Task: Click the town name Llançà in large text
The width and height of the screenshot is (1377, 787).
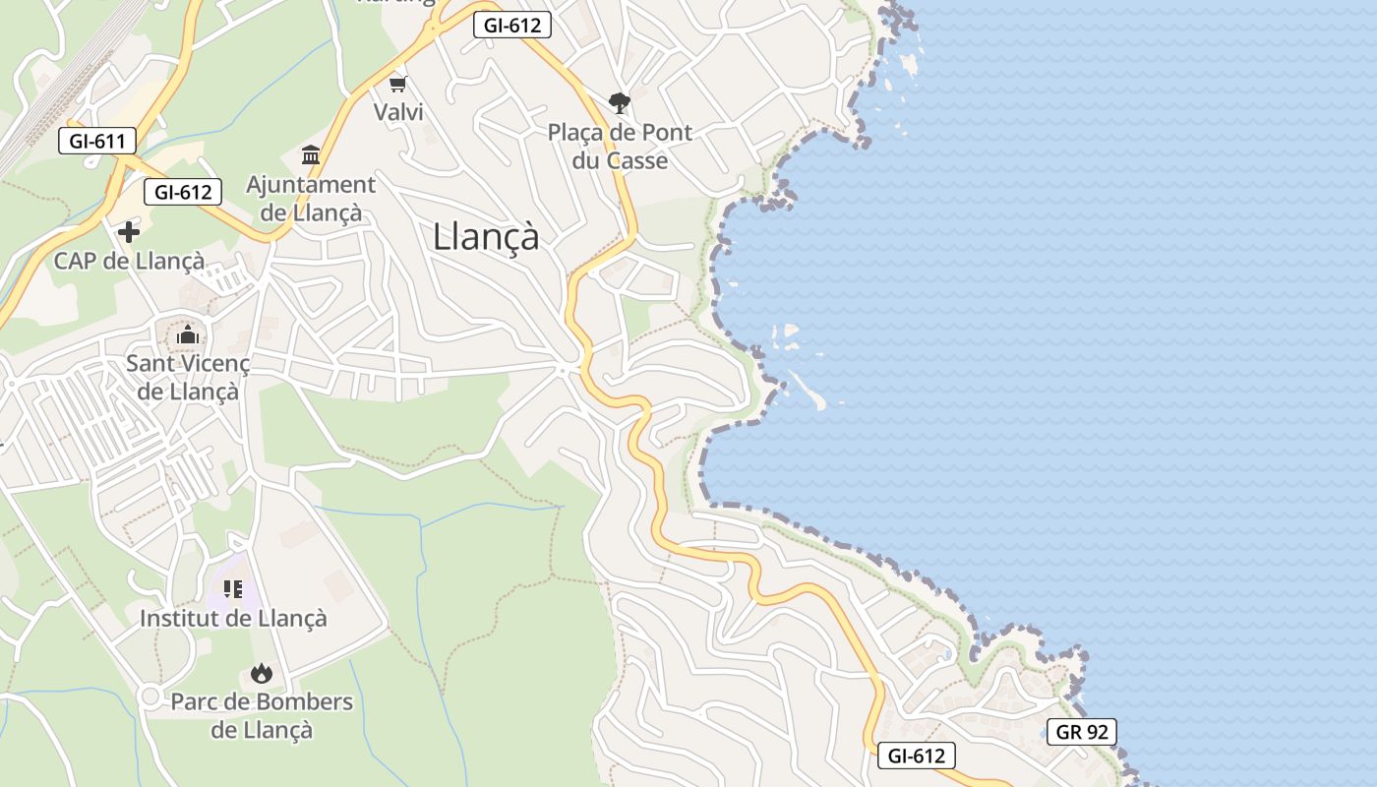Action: coord(486,237)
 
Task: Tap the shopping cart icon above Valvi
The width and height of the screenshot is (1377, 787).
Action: coord(398,84)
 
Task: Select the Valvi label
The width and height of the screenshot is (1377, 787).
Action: coord(398,112)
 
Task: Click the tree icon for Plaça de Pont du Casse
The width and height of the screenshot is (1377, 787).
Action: coord(620,102)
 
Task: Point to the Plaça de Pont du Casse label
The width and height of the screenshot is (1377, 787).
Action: coord(620,146)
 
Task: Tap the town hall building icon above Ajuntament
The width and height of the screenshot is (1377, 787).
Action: coord(311,155)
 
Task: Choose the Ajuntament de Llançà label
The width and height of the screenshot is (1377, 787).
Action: coord(310,198)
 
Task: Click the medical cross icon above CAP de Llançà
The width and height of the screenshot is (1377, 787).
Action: coord(129,232)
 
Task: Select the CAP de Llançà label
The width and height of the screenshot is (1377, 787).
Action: coord(129,261)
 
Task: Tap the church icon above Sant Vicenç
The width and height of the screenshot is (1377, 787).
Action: coord(188,335)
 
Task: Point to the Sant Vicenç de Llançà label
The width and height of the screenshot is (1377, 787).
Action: coord(188,377)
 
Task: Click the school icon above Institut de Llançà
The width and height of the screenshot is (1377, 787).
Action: coord(233,589)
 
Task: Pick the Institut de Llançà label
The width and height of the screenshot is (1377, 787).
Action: coord(233,619)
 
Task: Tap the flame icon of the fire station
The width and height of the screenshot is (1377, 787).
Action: coord(261,674)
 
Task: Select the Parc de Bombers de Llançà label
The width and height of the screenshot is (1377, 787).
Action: coord(262,715)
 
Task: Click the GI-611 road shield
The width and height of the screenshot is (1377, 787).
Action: coord(96,141)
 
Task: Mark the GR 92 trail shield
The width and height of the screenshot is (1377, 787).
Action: coord(1081,732)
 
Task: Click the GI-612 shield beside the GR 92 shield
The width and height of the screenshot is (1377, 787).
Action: coord(916,756)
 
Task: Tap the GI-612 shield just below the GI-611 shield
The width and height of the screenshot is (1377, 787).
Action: coord(183,192)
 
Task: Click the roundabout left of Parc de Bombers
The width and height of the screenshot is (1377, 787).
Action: coord(150,696)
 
